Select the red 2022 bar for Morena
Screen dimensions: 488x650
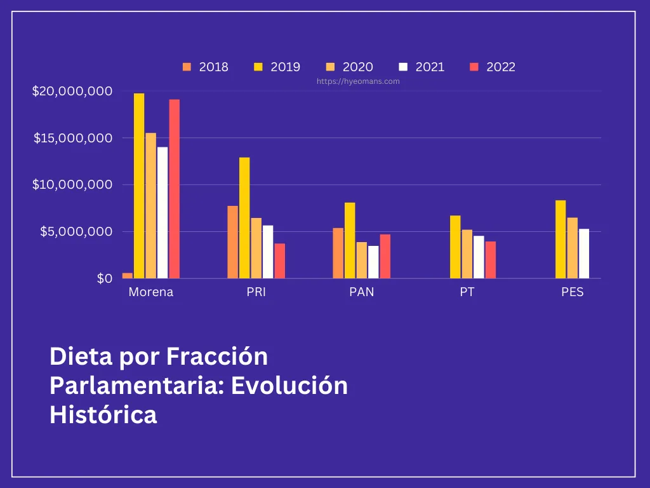[174, 189]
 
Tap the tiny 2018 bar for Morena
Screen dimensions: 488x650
[128, 275]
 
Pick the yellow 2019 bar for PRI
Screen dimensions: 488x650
[244, 218]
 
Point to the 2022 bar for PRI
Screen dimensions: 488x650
[280, 261]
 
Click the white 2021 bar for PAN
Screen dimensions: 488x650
[373, 262]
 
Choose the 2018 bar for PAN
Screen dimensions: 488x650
[338, 253]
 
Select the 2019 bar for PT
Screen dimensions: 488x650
[455, 247]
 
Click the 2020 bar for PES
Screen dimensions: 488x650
[573, 248]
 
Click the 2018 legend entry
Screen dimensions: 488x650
[206, 67]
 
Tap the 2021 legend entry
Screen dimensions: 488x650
[421, 67]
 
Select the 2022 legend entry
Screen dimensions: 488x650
[493, 67]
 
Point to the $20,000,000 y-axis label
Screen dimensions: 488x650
[72, 91]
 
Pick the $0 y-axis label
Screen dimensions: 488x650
[105, 278]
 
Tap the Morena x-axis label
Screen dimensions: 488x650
[150, 292]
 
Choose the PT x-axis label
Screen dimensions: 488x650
[467, 292]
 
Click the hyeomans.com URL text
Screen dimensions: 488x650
[358, 81]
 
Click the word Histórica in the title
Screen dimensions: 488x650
[103, 414]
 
